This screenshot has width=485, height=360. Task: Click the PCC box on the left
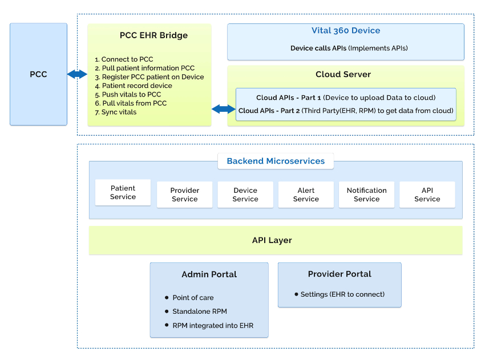(38, 74)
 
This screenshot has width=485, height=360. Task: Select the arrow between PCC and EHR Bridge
(77, 74)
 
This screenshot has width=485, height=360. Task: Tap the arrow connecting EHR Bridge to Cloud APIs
(223, 109)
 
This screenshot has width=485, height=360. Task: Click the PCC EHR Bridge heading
(153, 35)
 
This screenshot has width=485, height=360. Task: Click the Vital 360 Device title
(345, 31)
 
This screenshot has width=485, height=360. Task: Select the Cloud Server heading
(343, 75)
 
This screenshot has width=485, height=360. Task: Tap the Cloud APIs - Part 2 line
(345, 111)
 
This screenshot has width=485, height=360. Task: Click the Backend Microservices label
(276, 161)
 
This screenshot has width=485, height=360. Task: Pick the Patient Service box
(123, 192)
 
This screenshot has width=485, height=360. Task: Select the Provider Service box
(184, 195)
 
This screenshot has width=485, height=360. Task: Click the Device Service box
(245, 195)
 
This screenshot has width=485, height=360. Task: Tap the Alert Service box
(306, 195)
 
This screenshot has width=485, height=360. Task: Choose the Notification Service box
(366, 195)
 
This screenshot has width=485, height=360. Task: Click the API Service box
(427, 195)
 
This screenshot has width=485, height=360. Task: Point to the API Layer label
(272, 240)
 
